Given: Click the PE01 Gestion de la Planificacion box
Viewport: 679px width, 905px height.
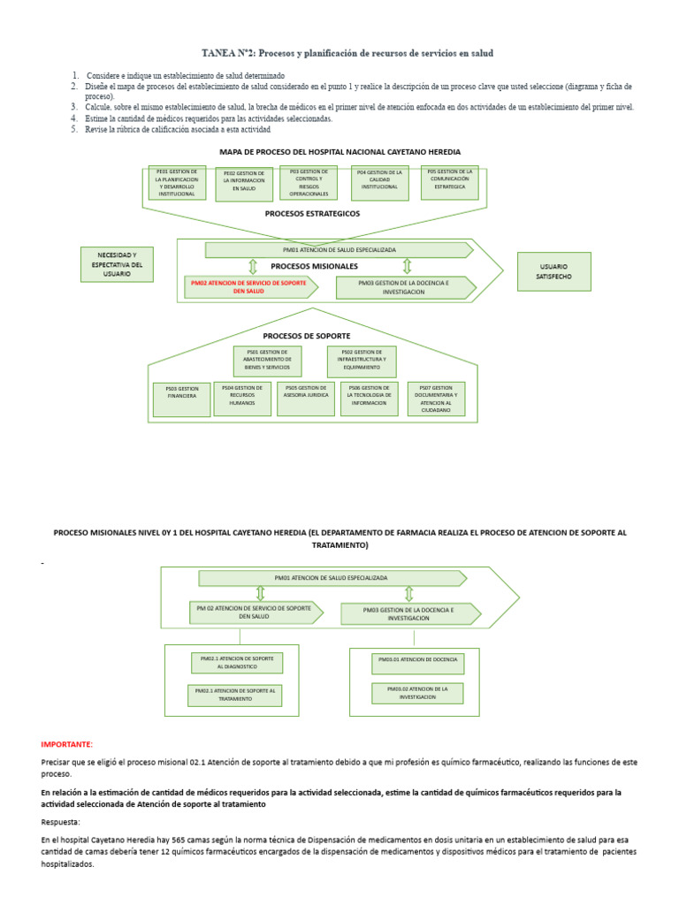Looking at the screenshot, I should pos(177,182).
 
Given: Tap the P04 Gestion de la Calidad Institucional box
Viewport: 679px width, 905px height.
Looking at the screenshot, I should pos(380,182).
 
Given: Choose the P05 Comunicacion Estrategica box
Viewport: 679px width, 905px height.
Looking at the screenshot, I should pos(450,182).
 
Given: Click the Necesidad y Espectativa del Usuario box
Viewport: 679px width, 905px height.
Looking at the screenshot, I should pos(116,264).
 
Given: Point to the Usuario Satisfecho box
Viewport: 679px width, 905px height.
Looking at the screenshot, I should pos(553,271).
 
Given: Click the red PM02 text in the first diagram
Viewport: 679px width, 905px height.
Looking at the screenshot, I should pos(248,286).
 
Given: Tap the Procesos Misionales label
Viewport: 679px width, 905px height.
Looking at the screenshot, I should pos(314,265).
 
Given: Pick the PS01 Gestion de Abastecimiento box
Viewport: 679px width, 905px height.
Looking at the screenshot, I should pos(267,361).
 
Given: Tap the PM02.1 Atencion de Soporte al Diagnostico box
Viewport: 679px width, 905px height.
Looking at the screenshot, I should pos(236,663).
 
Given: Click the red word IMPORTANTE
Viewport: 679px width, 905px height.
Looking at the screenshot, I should pos(66,744).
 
